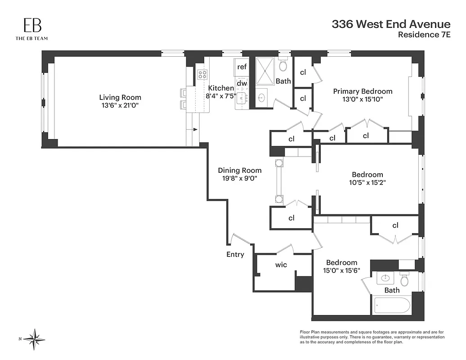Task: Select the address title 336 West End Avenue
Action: tap(391, 24)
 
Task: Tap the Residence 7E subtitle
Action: tap(425, 36)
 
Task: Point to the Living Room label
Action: tap(120, 97)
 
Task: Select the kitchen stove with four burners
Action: tap(202, 75)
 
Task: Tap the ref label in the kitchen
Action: tap(242, 67)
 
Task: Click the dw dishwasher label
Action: tap(242, 83)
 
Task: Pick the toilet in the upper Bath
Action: tap(283, 66)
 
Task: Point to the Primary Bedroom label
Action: tap(363, 91)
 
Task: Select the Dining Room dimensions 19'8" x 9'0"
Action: tap(240, 178)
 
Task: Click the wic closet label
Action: tap(281, 265)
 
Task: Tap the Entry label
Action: tap(235, 255)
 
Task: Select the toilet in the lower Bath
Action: tap(405, 280)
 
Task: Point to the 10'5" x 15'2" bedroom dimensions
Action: tap(367, 183)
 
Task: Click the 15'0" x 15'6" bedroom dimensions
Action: tap(342, 271)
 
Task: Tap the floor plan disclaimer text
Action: tap(372, 337)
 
